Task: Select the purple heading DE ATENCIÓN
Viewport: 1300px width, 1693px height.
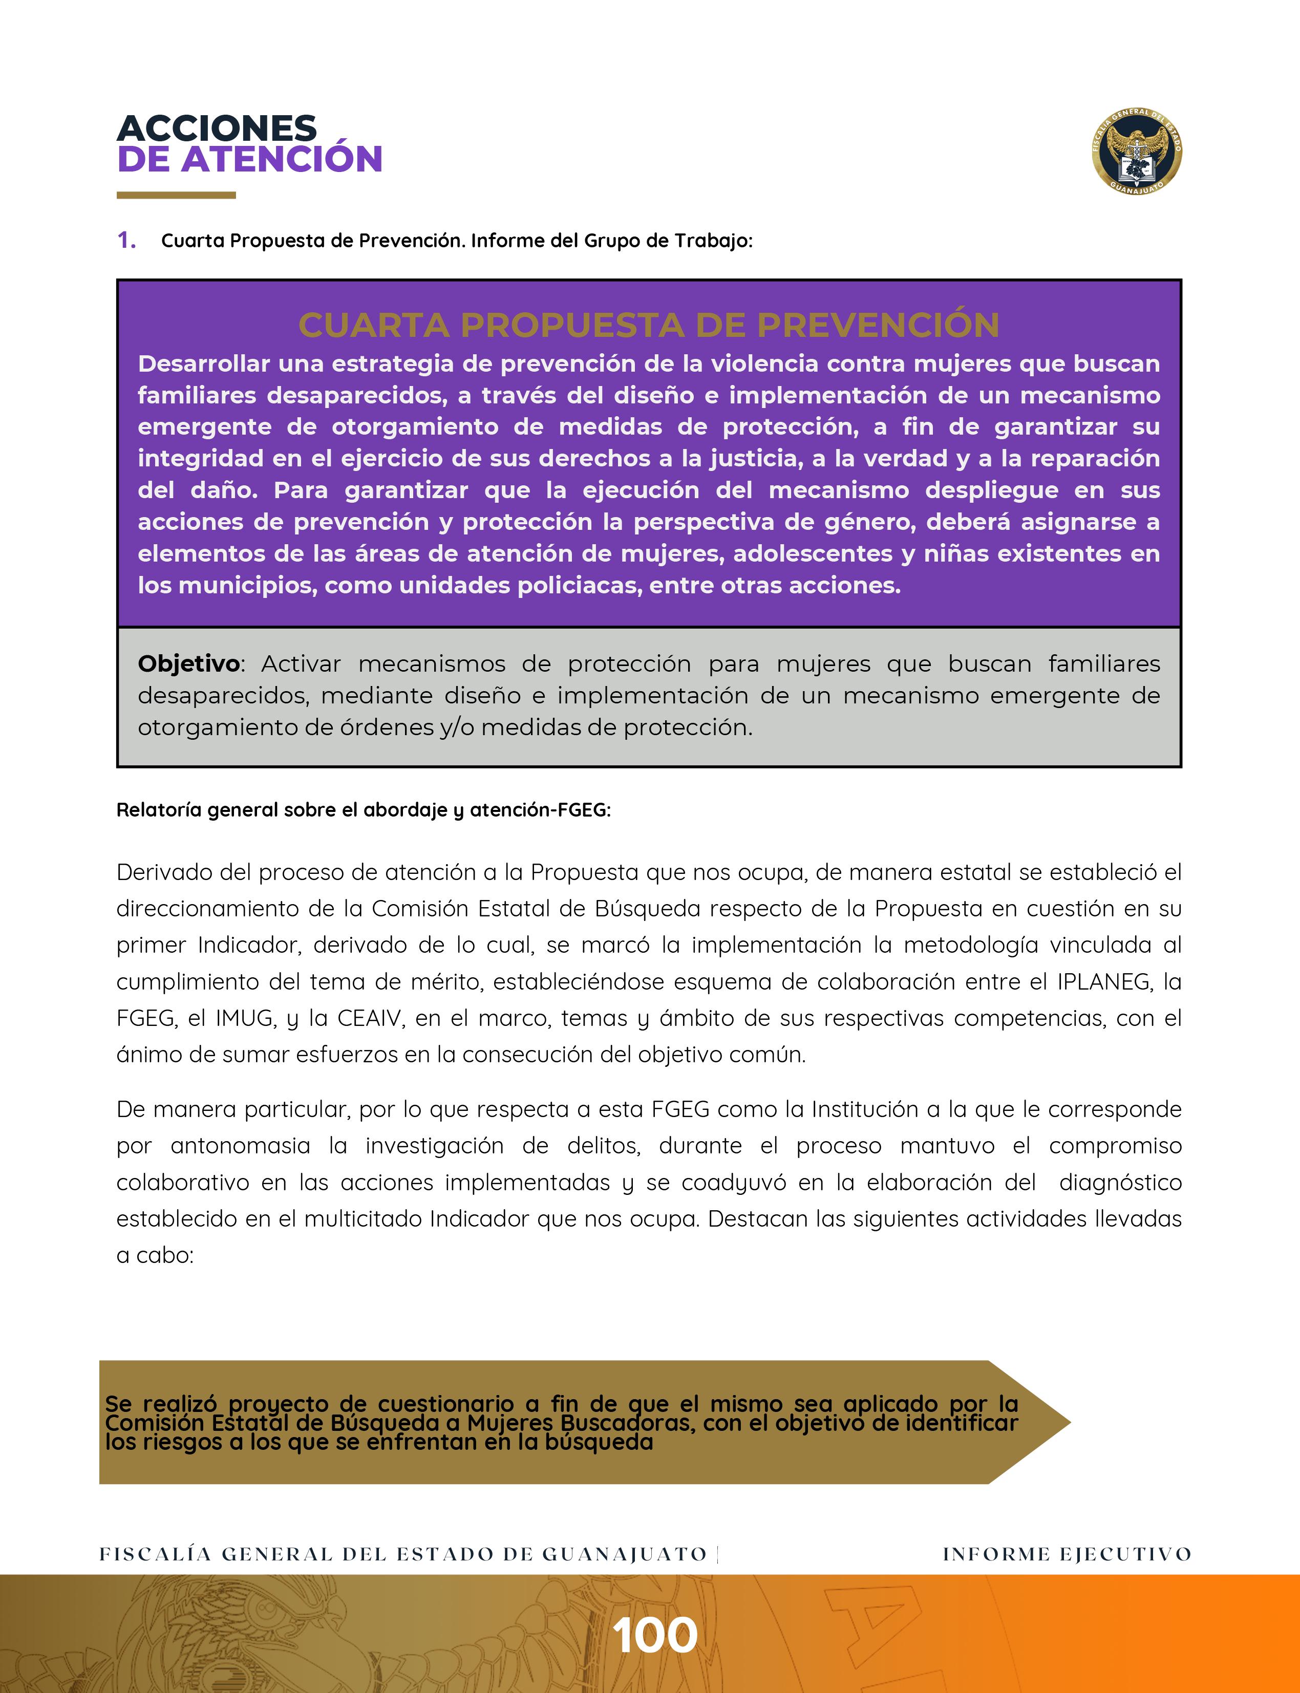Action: coord(249,159)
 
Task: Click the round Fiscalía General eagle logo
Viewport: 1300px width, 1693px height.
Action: coord(1137,152)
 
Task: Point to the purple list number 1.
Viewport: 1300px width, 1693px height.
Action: coord(126,241)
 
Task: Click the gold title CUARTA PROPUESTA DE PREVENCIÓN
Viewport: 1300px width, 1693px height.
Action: coord(648,325)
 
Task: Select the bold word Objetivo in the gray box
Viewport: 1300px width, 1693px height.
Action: coord(188,664)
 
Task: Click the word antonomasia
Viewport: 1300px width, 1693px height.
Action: coord(240,1146)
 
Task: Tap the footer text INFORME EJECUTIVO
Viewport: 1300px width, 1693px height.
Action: coord(1067,1554)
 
